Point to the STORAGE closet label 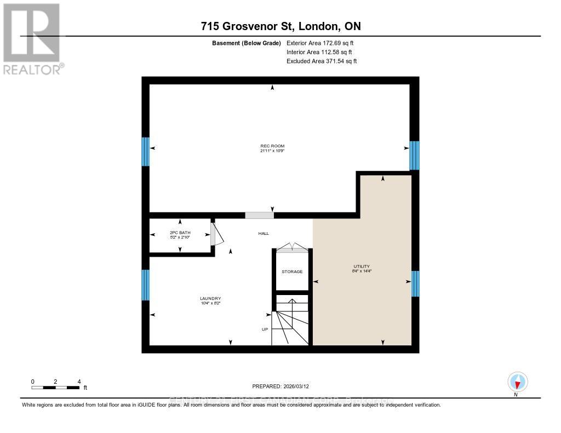pyautogui.click(x=292, y=272)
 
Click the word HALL pyautogui.click(x=264, y=233)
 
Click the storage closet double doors pyautogui.click(x=292, y=248)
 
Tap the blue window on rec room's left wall pyautogui.click(x=146, y=152)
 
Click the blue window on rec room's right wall pyautogui.click(x=415, y=155)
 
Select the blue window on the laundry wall pyautogui.click(x=146, y=285)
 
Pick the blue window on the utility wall pyautogui.click(x=415, y=283)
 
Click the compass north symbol pyautogui.click(x=517, y=382)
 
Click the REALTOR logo pyautogui.click(x=32, y=39)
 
